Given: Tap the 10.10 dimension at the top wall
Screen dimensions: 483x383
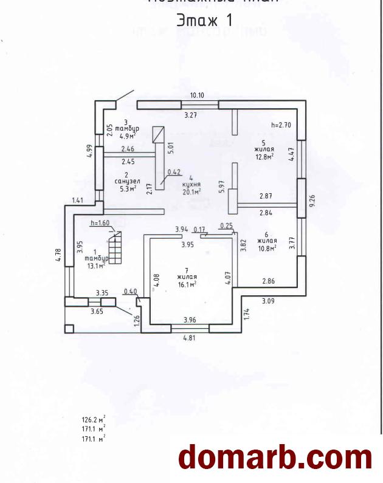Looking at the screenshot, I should click(x=197, y=95).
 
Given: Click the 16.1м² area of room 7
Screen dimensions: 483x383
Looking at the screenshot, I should click(x=187, y=284).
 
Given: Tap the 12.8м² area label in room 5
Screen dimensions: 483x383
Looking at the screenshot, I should click(x=263, y=156).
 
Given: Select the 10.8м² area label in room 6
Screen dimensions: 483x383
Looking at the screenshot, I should click(x=267, y=247).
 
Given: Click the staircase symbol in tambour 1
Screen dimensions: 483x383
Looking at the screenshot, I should click(x=114, y=249).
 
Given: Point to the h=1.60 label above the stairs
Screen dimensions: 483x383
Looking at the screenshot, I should click(x=99, y=223).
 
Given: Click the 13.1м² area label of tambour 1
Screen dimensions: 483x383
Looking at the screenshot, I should click(x=95, y=264).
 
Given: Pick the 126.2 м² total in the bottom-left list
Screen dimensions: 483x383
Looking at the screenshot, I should click(x=94, y=420).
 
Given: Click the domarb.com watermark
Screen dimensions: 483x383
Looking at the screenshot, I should click(x=275, y=457).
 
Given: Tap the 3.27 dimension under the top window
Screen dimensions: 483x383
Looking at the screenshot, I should click(x=191, y=114).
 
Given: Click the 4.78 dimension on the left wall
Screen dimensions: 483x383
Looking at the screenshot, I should click(x=58, y=255).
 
